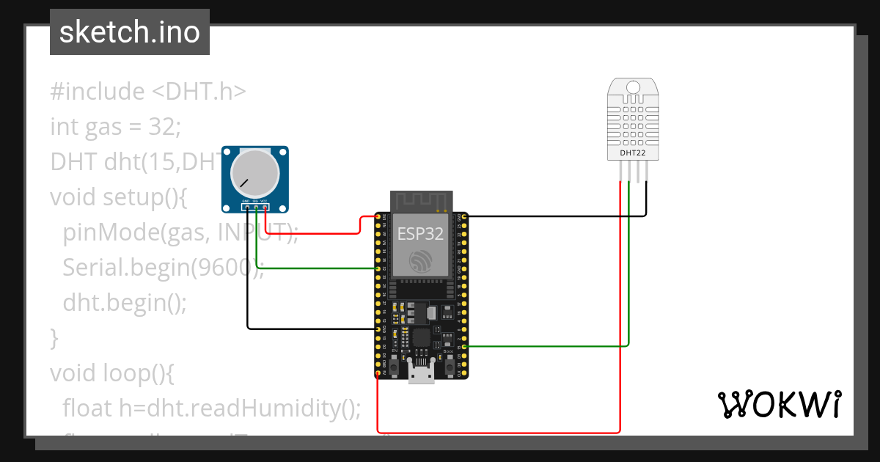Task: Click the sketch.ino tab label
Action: click(129, 32)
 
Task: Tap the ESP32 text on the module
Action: click(420, 233)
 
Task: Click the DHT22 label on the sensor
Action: click(633, 153)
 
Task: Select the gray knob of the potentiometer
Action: click(254, 175)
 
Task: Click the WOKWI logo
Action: click(779, 404)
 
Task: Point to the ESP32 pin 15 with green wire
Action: click(463, 346)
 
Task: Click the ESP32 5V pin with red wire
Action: click(378, 374)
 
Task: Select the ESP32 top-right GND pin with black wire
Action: click(463, 217)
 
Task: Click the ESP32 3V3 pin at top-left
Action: click(378, 217)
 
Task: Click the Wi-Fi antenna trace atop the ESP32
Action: click(420, 200)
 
